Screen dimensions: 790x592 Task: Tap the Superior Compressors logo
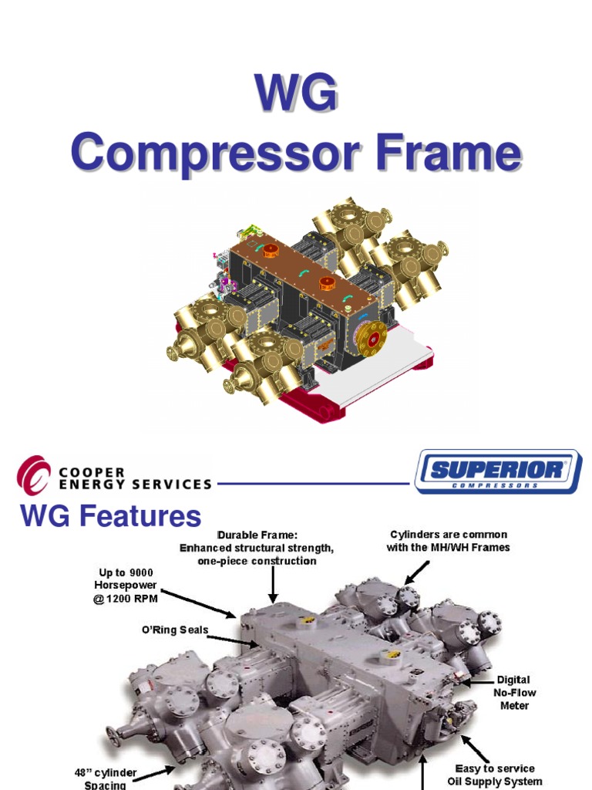coord(497,471)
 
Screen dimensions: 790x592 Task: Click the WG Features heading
coord(110,515)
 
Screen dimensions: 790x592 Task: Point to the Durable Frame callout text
coord(257,548)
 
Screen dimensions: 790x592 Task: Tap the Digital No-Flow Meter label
coord(513,692)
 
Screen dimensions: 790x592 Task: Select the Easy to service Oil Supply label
coord(494,775)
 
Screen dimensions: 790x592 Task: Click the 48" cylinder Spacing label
coord(106,778)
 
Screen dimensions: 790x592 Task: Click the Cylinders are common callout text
coord(448,541)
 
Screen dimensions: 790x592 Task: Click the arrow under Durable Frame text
coord(272,586)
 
